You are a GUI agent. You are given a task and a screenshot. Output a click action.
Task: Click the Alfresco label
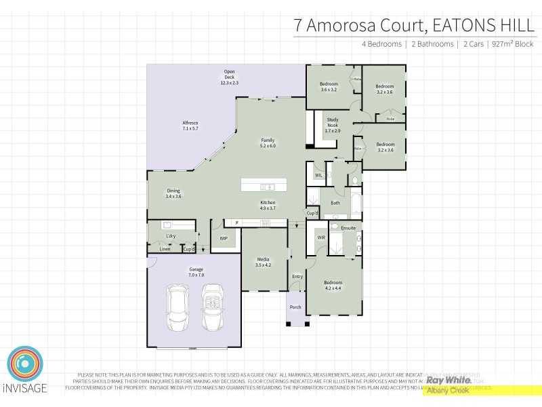190,125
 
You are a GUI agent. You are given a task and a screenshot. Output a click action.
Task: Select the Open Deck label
230,77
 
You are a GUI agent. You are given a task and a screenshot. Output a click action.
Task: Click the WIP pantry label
224,239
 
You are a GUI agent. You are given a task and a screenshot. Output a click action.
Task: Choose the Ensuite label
348,228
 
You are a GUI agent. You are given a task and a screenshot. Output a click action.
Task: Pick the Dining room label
173,194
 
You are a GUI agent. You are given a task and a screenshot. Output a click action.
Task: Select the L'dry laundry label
171,236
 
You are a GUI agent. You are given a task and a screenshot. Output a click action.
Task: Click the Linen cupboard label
165,249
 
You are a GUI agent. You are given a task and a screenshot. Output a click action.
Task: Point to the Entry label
297,276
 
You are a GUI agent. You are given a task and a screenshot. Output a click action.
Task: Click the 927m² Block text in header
512,44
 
